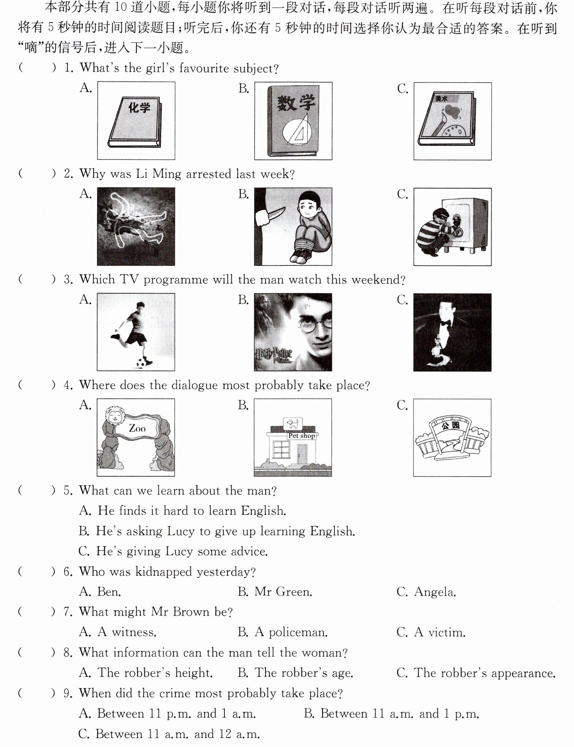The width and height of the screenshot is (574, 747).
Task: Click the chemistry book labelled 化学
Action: (135, 122)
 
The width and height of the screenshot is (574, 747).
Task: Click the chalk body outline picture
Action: (136, 226)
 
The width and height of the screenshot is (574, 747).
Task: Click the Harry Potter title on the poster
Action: (274, 355)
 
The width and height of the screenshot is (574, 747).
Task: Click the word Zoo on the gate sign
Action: (137, 428)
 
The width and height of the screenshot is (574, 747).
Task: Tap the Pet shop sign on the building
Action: (301, 435)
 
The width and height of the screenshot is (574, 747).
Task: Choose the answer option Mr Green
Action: (283, 592)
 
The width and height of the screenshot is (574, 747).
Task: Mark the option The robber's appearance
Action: (485, 673)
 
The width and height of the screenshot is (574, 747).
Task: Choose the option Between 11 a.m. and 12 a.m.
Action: (178, 734)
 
